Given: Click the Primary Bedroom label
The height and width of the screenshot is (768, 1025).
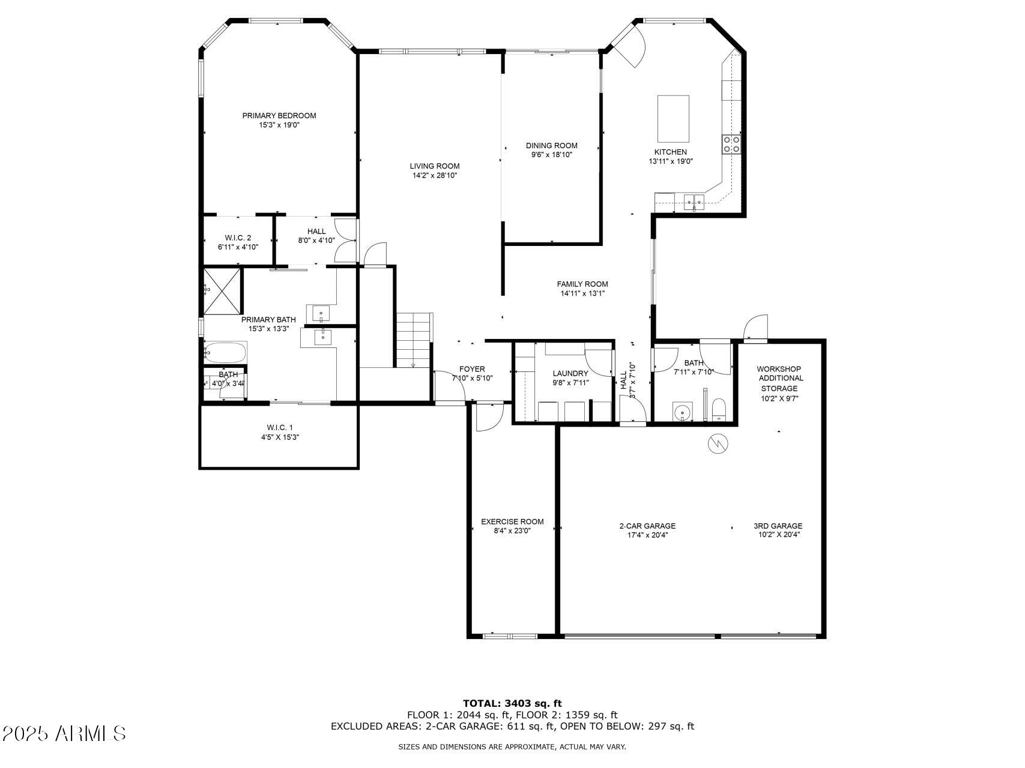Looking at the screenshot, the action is pos(279,116).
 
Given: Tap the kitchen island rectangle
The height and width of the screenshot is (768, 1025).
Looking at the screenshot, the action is pos(673,118).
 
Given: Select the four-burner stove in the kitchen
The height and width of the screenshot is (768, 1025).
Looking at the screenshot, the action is pos(731,145).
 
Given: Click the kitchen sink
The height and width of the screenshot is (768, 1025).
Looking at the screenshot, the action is pos(695,200).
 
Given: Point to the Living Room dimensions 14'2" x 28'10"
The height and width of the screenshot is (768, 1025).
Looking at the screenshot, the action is pos(435,176).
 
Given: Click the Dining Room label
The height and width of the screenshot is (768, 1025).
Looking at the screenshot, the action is pos(552,146).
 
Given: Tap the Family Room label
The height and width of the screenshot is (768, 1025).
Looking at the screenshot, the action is pos(582,284).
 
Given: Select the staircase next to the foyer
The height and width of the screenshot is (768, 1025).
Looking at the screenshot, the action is pos(414,340).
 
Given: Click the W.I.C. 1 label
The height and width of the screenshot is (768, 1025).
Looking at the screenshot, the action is pos(280,428).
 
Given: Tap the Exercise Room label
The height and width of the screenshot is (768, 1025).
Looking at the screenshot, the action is pos(512,522).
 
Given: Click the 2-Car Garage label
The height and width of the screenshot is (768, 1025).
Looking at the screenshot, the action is pos(647,526).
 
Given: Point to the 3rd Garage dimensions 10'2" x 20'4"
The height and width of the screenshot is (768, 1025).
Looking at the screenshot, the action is pos(779,535).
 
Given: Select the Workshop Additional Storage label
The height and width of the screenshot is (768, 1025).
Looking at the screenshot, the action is pos(779,379).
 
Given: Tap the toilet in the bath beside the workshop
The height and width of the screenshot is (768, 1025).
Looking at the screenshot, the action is pos(719,410).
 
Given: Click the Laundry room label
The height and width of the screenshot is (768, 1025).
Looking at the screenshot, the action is pos(570,374).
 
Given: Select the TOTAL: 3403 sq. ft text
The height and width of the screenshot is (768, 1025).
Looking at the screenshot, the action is pos(512,703).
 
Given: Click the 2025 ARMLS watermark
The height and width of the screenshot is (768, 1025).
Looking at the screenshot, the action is pos(64,733).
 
